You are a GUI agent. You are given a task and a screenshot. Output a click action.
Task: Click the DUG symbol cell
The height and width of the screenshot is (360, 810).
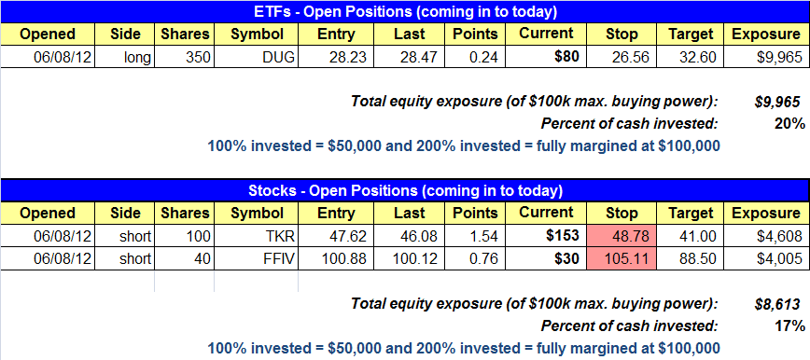coord(257,57)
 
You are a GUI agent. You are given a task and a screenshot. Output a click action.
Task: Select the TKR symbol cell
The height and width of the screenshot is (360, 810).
coord(257,237)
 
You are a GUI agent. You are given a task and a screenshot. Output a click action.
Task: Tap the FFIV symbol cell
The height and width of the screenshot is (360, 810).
coord(257,258)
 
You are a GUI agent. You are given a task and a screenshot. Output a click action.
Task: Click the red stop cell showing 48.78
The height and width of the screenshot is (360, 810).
coord(621,237)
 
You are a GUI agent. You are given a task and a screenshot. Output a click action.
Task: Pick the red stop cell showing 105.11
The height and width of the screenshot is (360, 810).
coord(621,258)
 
